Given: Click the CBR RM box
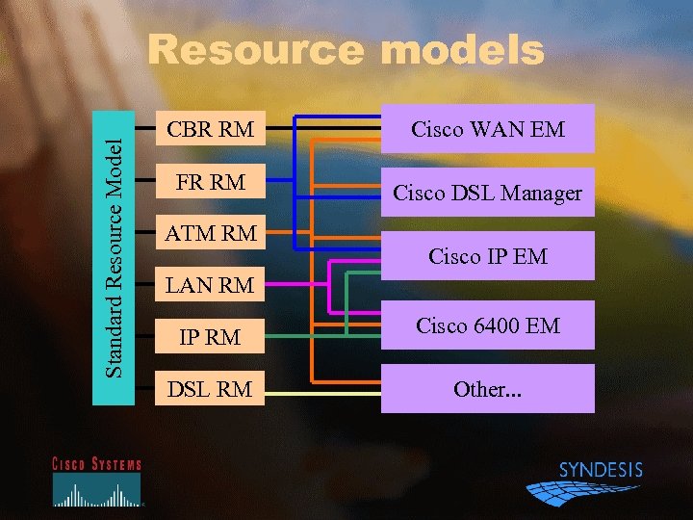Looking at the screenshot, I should point(210,128).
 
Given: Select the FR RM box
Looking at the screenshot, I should point(210,181).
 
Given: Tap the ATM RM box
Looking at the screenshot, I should point(210,233).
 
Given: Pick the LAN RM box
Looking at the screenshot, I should point(210,285).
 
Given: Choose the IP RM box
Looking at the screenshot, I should point(210,337).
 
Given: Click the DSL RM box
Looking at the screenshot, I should point(210,389).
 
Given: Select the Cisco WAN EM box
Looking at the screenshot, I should point(488,128).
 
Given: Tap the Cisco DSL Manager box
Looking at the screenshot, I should point(488,193).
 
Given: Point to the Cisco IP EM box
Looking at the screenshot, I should point(488,256).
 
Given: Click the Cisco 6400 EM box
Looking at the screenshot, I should point(488,325).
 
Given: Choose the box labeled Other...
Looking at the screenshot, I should point(488,389).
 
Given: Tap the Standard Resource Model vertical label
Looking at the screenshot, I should point(114,256).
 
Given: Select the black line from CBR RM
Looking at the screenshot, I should point(279,128).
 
